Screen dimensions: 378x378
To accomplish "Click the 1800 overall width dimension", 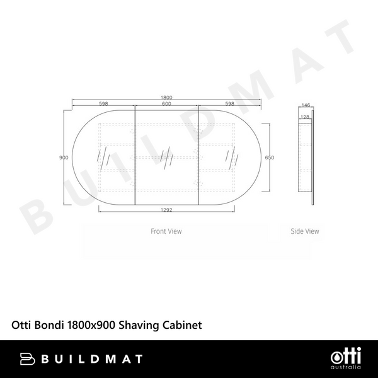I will click(x=166, y=97).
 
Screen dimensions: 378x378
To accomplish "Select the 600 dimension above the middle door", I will click(x=166, y=104).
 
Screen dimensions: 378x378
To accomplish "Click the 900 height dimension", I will click(x=63, y=157).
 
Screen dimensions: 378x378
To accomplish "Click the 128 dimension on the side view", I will click(x=305, y=117).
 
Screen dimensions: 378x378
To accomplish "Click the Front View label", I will click(x=166, y=231).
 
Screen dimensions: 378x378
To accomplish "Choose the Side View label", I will click(x=305, y=231).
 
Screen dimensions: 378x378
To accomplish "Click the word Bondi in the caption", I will click(x=46, y=325).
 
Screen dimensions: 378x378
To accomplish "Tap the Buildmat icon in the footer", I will click(x=30, y=358).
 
